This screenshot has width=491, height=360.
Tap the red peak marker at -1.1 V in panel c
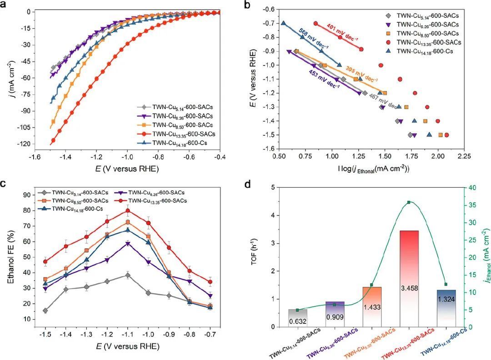[x=128, y=210]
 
